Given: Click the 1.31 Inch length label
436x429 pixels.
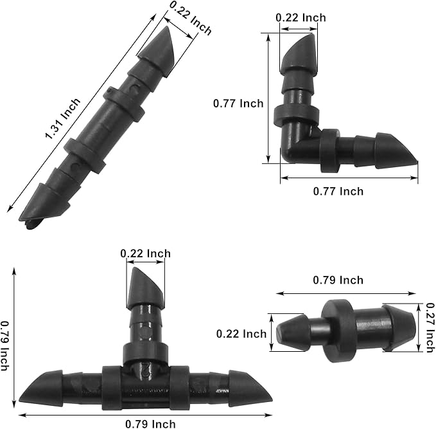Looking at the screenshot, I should [62, 119].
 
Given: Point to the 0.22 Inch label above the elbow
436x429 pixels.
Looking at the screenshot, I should [301, 17].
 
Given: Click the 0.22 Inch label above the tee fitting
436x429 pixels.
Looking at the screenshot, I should [146, 253].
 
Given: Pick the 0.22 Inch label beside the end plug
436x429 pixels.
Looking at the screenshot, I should [241, 333].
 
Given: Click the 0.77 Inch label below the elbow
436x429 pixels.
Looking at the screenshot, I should [338, 191].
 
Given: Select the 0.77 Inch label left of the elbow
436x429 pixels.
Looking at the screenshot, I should [238, 103].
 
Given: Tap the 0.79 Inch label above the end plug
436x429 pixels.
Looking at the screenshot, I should [338, 280].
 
